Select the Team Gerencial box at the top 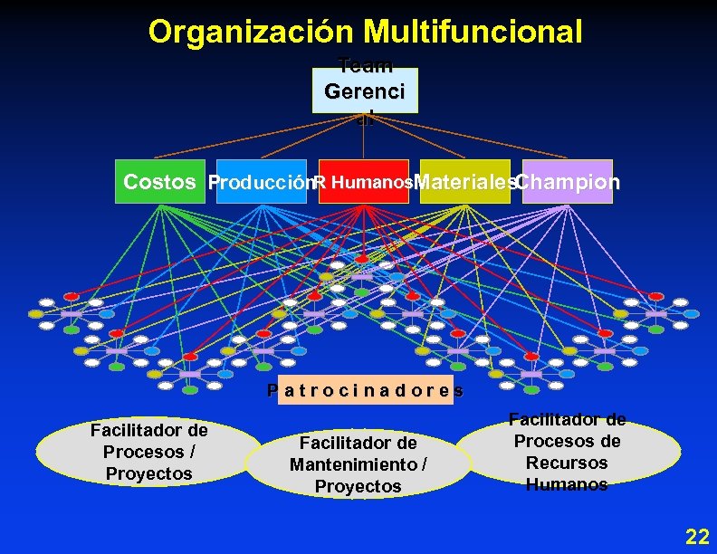pyautogui.click(x=366, y=91)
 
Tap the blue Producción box pyautogui.click(x=262, y=182)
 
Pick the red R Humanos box pyautogui.click(x=364, y=182)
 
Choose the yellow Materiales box pyautogui.click(x=465, y=182)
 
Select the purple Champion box pyautogui.click(x=568, y=182)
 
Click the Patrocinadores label pyautogui.click(x=366, y=391)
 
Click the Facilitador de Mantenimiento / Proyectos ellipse pyautogui.click(x=358, y=464)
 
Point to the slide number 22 pyautogui.click(x=697, y=536)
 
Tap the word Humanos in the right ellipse pyautogui.click(x=568, y=484)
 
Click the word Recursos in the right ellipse pyautogui.click(x=568, y=463)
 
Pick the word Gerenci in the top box pyautogui.click(x=366, y=91)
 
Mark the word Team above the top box pyautogui.click(x=366, y=65)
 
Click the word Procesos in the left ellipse pyautogui.click(x=139, y=452)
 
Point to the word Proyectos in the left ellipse pyautogui.click(x=148, y=473)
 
